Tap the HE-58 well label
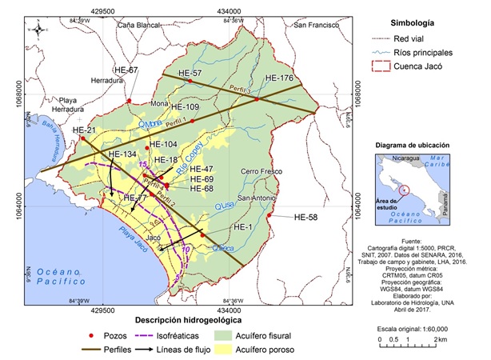coord(310,217)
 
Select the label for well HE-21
coord(84,130)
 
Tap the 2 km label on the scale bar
coord(441,341)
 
